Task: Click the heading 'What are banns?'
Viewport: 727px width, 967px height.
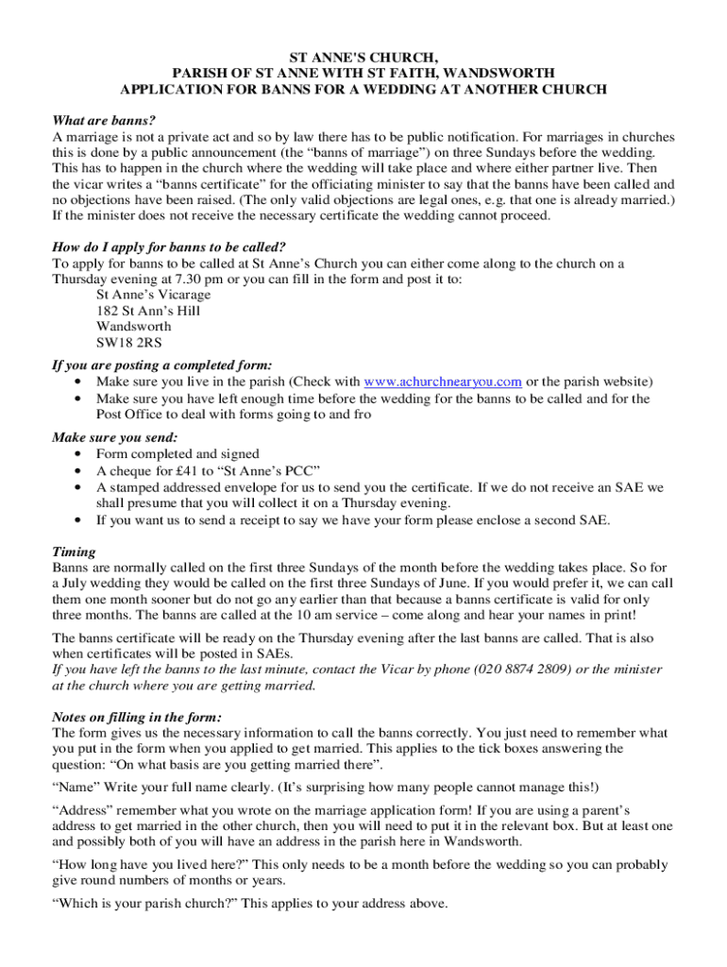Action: click(x=104, y=121)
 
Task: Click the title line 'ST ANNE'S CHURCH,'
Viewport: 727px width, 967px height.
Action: click(x=363, y=58)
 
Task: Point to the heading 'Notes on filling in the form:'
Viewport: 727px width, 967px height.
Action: click(x=138, y=718)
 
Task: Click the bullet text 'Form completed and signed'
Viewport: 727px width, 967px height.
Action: click(x=178, y=454)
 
